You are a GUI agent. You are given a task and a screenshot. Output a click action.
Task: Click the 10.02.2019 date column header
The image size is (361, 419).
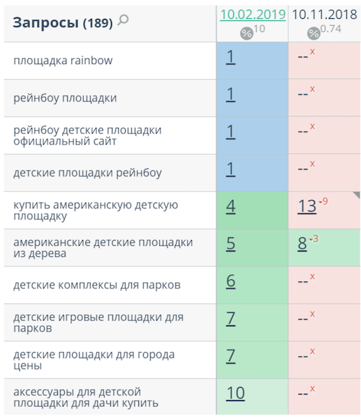253,15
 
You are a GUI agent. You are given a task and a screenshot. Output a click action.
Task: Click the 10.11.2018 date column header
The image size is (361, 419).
325,15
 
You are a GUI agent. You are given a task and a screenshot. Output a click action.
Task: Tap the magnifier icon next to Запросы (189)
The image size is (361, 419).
123,20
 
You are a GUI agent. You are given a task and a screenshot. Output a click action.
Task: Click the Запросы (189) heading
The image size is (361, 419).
63,22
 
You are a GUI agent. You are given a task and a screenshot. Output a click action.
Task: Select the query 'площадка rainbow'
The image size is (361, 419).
63,60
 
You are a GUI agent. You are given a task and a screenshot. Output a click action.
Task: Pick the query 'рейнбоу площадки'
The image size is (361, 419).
65,98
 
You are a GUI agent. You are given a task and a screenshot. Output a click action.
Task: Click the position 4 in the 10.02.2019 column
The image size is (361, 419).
230,207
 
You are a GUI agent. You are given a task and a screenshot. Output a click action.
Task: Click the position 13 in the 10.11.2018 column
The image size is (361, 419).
307,207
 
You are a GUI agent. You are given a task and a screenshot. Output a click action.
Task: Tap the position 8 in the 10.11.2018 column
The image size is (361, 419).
302,244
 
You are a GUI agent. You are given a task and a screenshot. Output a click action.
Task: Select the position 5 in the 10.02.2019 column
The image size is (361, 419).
230,244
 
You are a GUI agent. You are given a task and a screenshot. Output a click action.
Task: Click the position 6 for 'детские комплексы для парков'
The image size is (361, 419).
230,281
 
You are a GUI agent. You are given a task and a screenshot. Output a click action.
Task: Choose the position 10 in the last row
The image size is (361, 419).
235,393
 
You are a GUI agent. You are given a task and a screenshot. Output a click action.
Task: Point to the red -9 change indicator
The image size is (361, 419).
323,201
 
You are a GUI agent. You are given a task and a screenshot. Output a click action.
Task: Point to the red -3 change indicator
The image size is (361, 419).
314,238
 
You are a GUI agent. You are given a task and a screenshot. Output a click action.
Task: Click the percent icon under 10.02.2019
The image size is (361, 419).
246,34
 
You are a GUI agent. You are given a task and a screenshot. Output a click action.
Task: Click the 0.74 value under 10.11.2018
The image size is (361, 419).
330,29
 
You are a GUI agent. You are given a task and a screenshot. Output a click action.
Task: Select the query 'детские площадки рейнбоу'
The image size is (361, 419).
87,173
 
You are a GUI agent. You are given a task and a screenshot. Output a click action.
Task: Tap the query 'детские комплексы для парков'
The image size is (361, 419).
97,285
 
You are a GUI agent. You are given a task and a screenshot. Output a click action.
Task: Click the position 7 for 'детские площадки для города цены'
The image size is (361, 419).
230,356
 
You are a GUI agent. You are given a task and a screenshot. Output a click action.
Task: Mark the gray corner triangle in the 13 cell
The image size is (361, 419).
358,194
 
